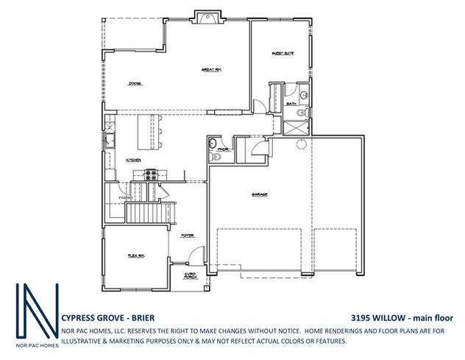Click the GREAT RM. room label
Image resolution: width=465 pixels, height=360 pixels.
[x=212, y=70]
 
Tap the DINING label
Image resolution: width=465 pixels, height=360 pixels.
[x=135, y=83]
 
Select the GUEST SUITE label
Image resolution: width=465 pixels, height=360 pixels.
[x=283, y=53]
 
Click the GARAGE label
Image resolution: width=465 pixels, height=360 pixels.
[x=259, y=194]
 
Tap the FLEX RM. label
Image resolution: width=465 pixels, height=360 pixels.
[x=135, y=256]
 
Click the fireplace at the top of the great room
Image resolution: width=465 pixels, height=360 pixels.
[x=205, y=17]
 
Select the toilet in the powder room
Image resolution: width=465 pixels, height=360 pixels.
[x=213, y=158]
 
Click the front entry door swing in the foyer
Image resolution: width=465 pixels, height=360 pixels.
[x=190, y=259]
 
